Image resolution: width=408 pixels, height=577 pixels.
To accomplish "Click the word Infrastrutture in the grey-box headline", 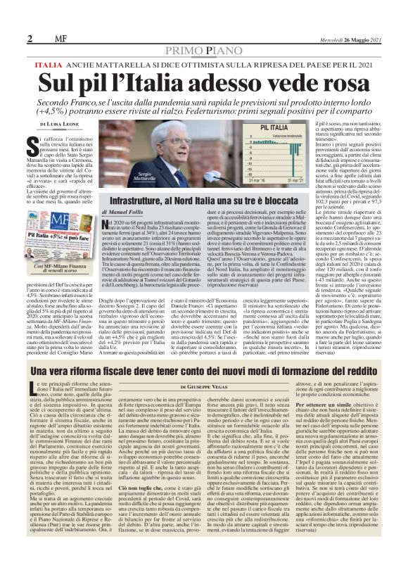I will point(133,201).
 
